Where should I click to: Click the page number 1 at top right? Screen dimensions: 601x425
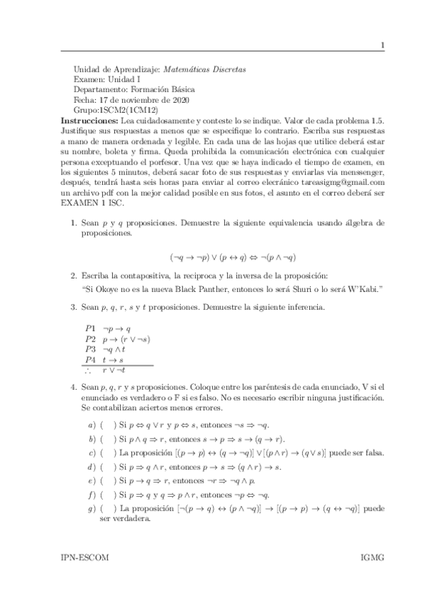tap(382, 46)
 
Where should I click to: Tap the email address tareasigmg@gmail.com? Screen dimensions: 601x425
tap(347, 182)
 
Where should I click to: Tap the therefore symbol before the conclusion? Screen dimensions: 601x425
tap(88, 370)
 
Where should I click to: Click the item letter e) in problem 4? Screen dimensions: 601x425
tap(91, 481)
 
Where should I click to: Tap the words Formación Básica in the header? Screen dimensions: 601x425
tap(164, 90)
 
